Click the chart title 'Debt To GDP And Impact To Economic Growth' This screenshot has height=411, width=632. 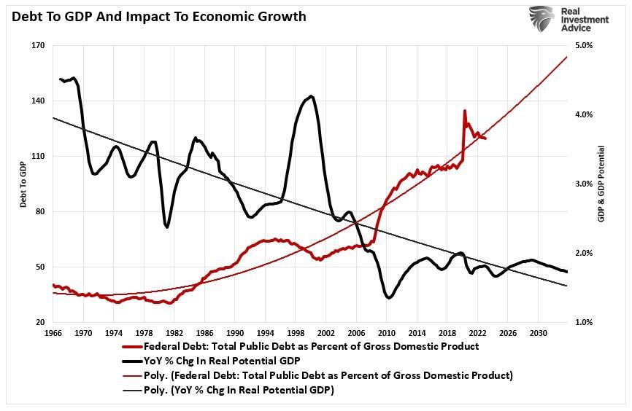point(158,16)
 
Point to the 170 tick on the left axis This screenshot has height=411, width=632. point(38,46)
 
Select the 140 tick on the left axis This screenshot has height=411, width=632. point(38,101)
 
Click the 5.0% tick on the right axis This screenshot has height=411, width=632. point(585,46)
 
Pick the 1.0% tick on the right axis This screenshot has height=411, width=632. point(585,322)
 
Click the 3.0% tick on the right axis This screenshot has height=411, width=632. point(585,184)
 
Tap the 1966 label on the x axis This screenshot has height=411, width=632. point(53,332)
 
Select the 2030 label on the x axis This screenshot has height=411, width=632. point(538,332)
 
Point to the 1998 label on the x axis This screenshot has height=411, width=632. point(296,332)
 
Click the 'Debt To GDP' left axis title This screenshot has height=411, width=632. point(23,184)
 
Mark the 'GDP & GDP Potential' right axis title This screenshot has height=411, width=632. point(602,184)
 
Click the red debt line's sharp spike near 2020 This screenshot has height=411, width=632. point(464,111)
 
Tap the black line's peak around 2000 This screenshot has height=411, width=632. point(312,95)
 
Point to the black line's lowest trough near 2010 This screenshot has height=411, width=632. point(388,297)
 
